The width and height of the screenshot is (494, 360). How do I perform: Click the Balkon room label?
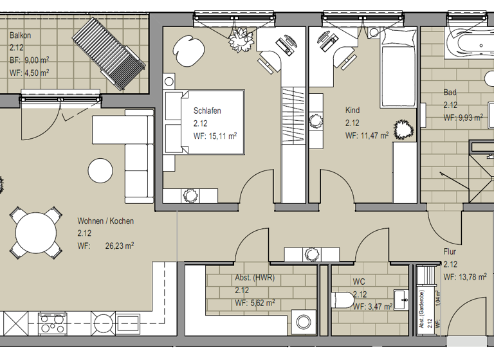click(20, 36)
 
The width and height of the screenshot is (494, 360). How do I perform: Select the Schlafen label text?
click(207, 111)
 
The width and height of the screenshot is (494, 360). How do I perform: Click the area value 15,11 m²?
click(222, 136)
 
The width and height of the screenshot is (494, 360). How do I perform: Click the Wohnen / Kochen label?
click(105, 221)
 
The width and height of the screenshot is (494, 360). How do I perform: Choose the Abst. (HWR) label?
click(255, 278)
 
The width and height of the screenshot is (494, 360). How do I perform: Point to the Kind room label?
click(352, 111)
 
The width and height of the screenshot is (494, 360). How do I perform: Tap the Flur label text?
click(449, 252)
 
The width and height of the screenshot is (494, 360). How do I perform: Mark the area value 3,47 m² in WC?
click(379, 307)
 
